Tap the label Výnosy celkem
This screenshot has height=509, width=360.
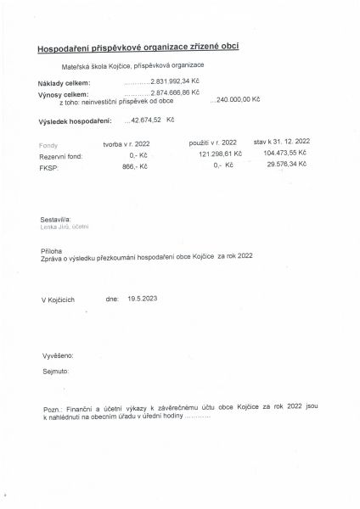point(62,95)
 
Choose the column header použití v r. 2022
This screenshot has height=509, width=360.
point(212,144)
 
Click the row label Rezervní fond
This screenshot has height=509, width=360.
point(60,156)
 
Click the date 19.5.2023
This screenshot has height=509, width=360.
point(143,299)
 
